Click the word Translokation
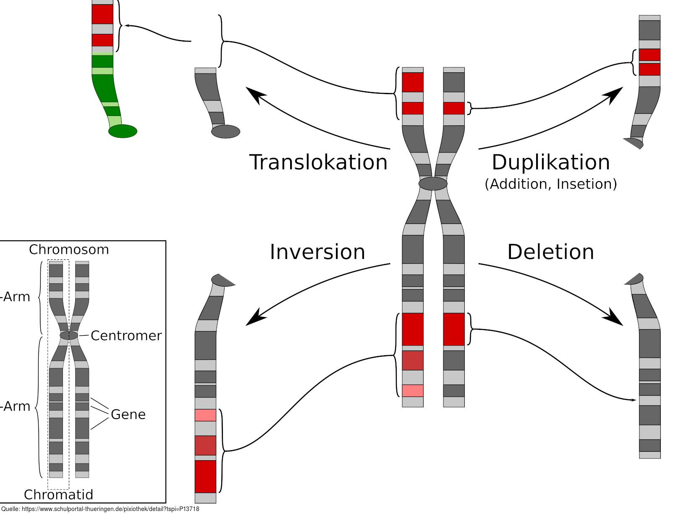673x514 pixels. [318, 162]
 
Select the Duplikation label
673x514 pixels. [551, 162]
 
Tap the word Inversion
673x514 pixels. [317, 252]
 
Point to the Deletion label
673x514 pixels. [551, 252]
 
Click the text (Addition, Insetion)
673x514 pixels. [551, 184]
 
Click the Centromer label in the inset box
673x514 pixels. [126, 336]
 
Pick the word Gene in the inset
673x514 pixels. [128, 415]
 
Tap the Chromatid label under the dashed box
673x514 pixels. [58, 495]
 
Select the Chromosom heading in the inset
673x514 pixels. [69, 250]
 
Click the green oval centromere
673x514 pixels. [123, 131]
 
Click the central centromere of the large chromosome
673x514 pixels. [433, 184]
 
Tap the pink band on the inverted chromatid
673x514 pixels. [205, 415]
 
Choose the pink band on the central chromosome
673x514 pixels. [413, 391]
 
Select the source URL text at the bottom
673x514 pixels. [100, 509]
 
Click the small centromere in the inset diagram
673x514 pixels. [69, 335]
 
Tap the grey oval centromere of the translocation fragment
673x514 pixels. [225, 132]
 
